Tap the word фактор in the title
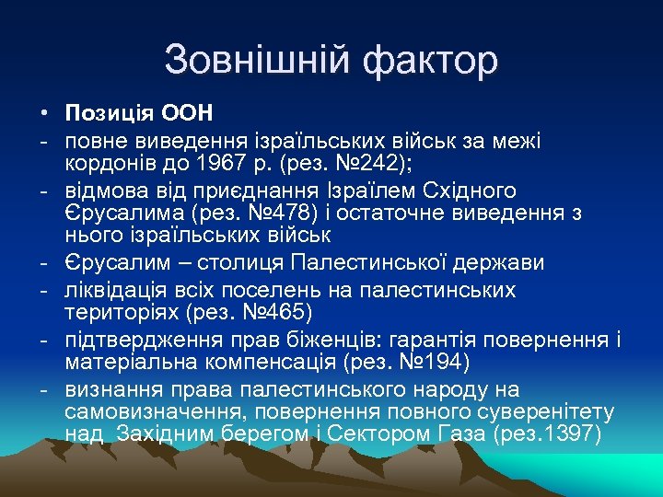pos(430,61)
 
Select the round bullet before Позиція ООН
pos(43,114)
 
